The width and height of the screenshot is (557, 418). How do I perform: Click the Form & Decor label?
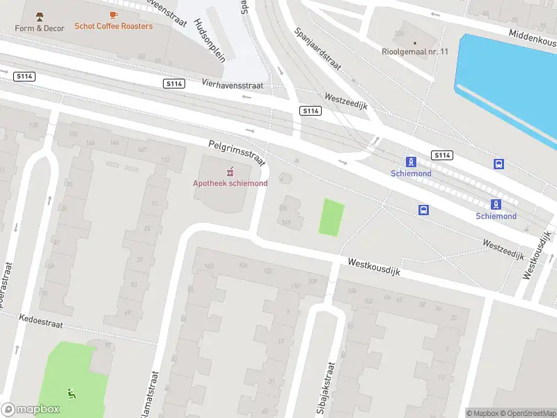click(x=40, y=28)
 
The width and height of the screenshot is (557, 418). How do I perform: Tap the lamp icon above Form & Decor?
click(x=40, y=16)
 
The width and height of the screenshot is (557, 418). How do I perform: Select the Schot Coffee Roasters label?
click(x=113, y=26)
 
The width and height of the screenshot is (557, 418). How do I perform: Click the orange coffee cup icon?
click(x=113, y=14)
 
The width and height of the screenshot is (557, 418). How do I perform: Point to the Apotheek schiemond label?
click(x=230, y=183)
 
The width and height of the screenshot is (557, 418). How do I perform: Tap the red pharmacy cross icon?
click(x=230, y=171)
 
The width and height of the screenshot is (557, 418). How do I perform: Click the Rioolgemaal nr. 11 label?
click(x=416, y=51)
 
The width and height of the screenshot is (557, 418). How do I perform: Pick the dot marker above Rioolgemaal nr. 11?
click(x=416, y=42)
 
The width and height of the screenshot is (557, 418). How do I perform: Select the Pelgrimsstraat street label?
click(x=237, y=153)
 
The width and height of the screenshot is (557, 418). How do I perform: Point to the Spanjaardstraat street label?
click(x=317, y=49)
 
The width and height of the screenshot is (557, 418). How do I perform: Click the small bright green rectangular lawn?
click(x=331, y=217)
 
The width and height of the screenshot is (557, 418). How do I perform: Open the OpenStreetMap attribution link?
click(x=529, y=413)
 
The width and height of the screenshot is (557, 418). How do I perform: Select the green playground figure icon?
click(x=72, y=394)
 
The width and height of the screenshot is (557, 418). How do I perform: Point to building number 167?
click(x=285, y=223)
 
